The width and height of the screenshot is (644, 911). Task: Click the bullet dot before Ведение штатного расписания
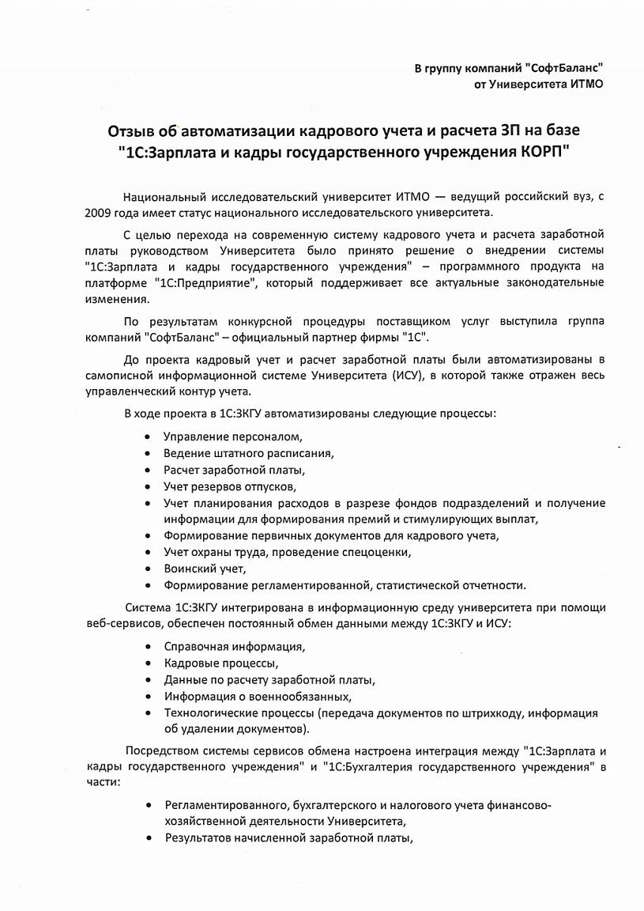coord(149,454)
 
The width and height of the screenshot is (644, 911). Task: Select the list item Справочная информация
coord(234,646)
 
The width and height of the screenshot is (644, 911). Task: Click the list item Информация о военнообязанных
coord(257,696)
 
